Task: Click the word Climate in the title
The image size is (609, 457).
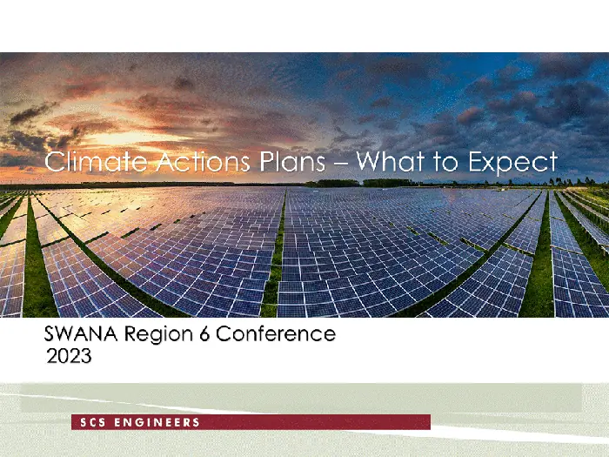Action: (x=96, y=161)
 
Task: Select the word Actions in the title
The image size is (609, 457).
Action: (x=203, y=161)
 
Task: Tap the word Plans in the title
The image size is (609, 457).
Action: (x=292, y=161)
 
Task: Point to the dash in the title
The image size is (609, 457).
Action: (x=341, y=164)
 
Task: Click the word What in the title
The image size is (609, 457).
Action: (x=391, y=161)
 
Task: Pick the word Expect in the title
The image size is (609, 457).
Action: (x=513, y=164)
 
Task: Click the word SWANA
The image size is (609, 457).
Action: (x=81, y=333)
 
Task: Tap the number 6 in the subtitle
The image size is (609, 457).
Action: (x=204, y=333)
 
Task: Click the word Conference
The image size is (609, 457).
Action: (x=276, y=333)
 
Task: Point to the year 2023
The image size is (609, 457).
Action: (x=69, y=355)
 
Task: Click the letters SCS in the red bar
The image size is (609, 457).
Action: (x=93, y=422)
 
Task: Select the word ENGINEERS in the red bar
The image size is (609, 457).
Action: (x=157, y=422)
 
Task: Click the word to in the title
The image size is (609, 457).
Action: (x=446, y=162)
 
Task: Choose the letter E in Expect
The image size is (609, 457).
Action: (x=476, y=161)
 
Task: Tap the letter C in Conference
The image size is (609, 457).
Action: (x=224, y=333)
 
